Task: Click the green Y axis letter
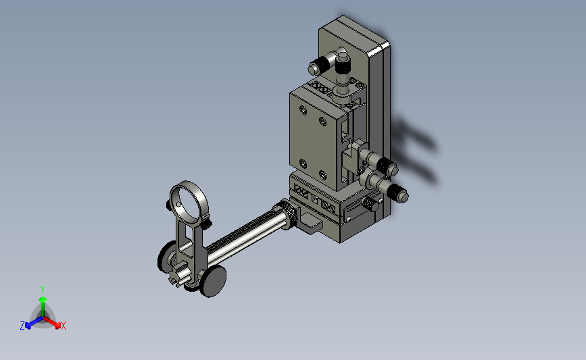point(43,290)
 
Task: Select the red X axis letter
point(63,326)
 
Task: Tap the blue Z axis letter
point(22,326)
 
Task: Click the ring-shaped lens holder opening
point(189,203)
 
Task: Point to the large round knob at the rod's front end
point(214,281)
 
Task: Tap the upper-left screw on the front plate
point(303,110)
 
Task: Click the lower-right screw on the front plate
point(323,174)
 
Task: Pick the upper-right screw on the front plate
point(323,121)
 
